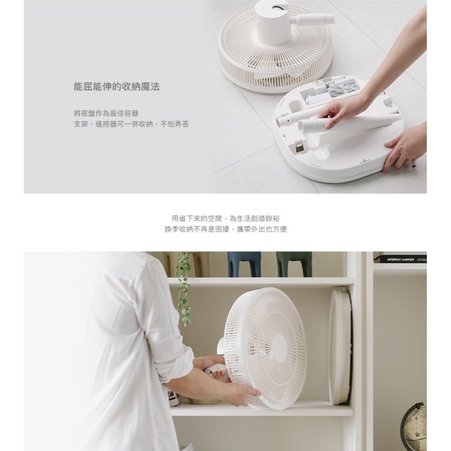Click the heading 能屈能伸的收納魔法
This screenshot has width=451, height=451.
pos(116,87)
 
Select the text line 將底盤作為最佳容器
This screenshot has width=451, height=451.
pos(106,113)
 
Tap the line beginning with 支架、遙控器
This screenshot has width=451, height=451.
pos(131,124)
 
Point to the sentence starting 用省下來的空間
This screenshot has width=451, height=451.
pos(225,218)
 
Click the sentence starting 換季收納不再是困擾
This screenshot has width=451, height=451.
pos(225,229)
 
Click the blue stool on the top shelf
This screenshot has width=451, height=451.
pos(244,263)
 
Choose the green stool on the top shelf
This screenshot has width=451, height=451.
pos(294,263)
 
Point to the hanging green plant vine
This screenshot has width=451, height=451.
pos(183,287)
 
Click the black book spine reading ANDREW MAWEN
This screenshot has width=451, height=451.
pos(400,259)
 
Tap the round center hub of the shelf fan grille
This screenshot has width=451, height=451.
pos(279,346)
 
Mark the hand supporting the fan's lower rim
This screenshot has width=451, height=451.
pos(241,393)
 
